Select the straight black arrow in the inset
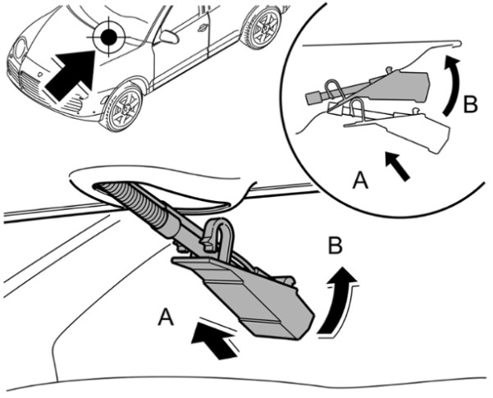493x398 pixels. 399,167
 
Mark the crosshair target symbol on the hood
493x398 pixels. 107,36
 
